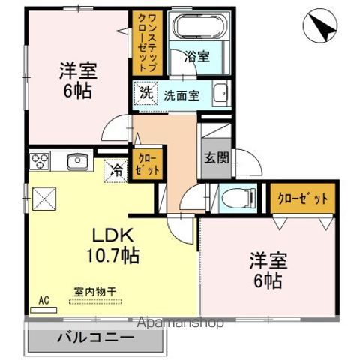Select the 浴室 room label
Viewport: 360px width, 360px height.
click(x=199, y=55)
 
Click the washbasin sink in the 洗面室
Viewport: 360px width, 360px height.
click(x=220, y=94)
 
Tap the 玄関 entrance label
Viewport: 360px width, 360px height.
click(x=214, y=159)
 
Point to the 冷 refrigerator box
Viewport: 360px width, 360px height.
click(x=115, y=171)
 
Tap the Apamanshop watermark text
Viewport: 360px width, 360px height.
click(x=179, y=323)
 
